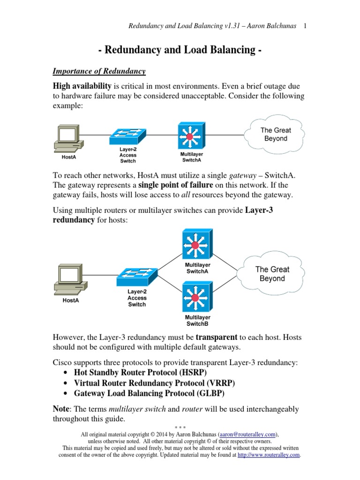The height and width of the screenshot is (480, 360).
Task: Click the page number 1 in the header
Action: click(305, 26)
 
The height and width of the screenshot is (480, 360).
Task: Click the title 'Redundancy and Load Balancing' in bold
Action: click(180, 51)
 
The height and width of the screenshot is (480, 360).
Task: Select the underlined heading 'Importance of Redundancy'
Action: click(99, 71)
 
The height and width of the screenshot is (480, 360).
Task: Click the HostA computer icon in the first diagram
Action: click(68, 138)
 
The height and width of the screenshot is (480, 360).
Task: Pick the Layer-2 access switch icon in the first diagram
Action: click(128, 136)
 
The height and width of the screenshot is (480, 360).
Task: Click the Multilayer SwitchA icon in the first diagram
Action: click(191, 136)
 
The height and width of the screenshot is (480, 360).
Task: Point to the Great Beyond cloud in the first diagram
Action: click(276, 134)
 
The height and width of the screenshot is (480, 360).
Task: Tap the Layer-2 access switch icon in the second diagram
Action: click(137, 277)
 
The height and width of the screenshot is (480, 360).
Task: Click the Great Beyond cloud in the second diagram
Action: click(272, 274)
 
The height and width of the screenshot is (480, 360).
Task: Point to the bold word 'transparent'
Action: click(217, 337)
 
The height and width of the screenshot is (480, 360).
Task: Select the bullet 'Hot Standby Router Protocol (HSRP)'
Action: click(134, 372)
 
